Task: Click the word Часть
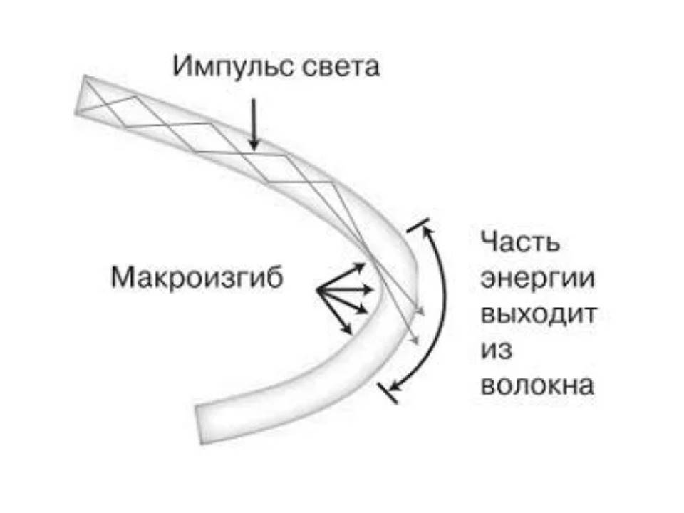(520, 242)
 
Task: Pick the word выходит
(537, 314)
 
